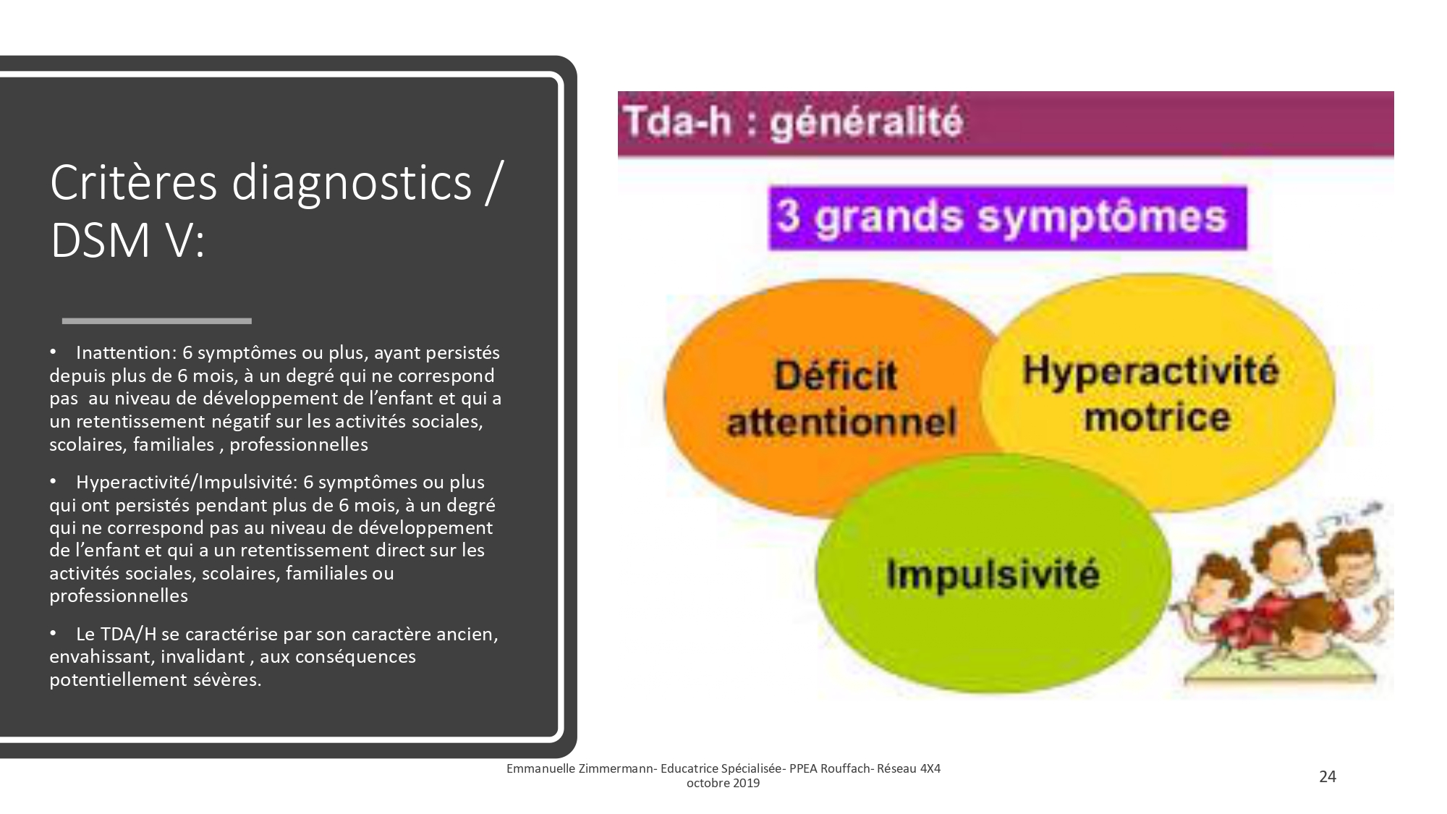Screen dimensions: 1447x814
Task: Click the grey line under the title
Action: pos(157,321)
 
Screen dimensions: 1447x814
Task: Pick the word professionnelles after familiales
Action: pos(299,445)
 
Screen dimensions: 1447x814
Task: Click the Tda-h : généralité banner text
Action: pos(793,122)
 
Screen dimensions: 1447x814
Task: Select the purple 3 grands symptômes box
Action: pos(1007,219)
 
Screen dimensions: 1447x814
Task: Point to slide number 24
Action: pos(1328,776)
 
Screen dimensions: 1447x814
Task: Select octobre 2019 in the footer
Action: pos(723,783)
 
